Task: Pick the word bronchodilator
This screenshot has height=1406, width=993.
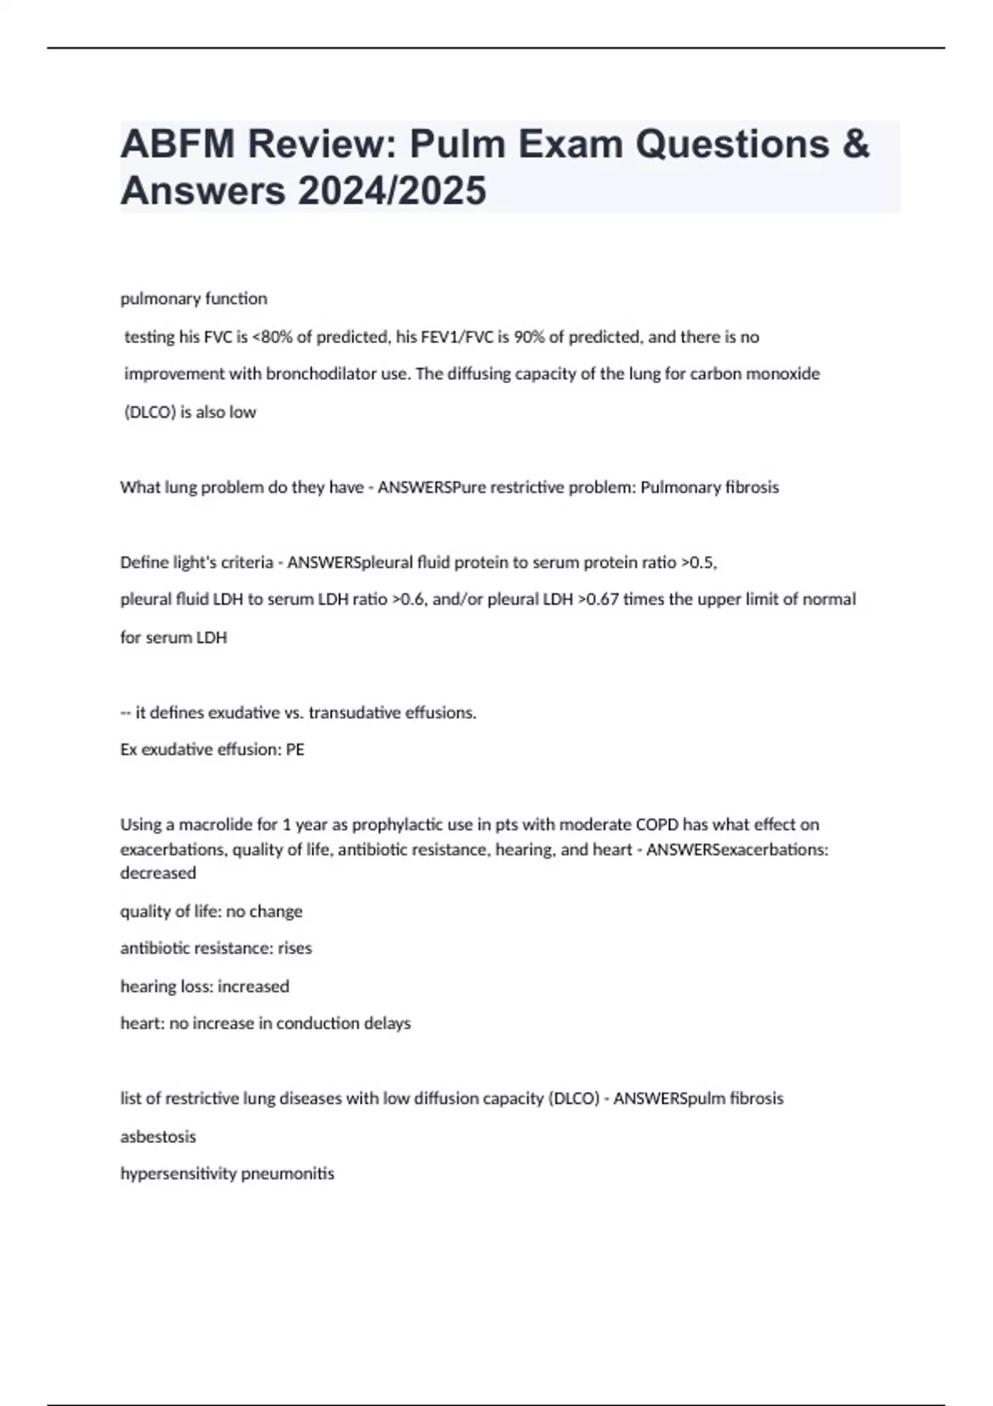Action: pyautogui.click(x=321, y=374)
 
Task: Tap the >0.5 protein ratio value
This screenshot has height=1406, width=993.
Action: pyautogui.click(x=698, y=562)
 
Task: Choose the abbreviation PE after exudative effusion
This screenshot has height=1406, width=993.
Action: pyautogui.click(x=295, y=749)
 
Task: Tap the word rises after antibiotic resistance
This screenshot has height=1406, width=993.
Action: pyautogui.click(x=295, y=948)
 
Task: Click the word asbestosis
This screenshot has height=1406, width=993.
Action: pyautogui.click(x=158, y=1136)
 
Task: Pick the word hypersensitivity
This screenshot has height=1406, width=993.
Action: pyautogui.click(x=170, y=1174)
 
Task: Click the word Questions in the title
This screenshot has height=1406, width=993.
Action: pyautogui.click(x=732, y=144)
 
